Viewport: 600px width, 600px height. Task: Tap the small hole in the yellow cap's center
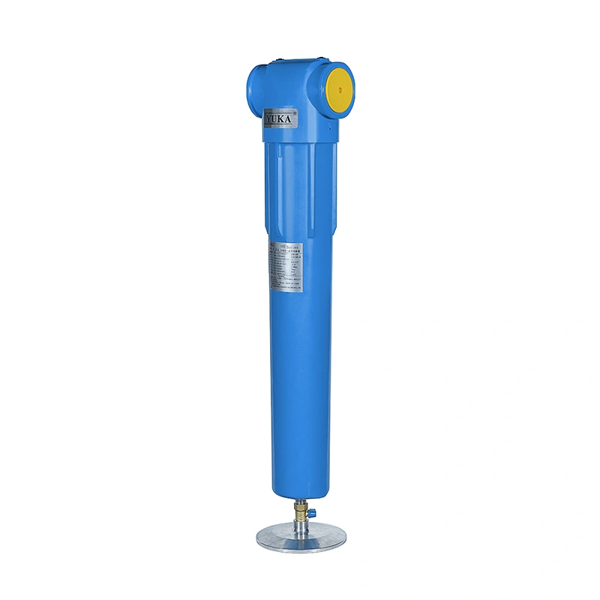click(x=339, y=88)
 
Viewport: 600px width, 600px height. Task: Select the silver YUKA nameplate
click(x=281, y=118)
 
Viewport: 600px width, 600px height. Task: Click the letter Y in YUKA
click(x=269, y=118)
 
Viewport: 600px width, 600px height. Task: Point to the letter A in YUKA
click(x=292, y=119)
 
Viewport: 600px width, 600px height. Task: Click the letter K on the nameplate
click(x=284, y=119)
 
